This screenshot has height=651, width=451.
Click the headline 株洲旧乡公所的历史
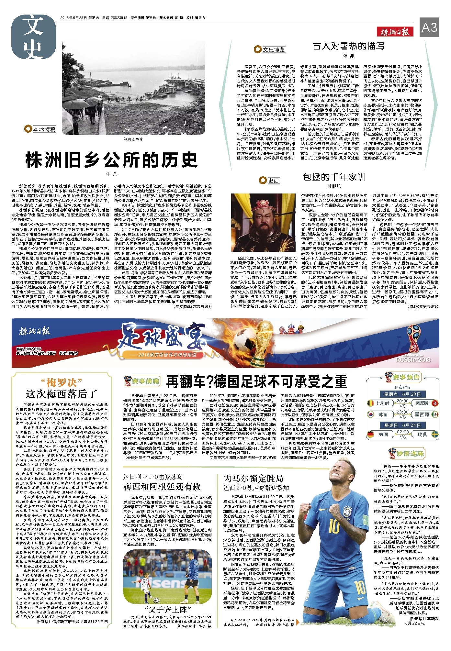(x=111, y=160)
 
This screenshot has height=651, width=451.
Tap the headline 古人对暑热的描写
(x=348, y=46)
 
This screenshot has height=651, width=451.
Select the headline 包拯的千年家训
(x=334, y=177)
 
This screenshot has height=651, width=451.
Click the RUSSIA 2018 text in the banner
(x=413, y=359)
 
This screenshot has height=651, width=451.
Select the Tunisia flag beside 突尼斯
(x=434, y=403)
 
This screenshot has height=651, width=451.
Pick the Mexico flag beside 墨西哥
(x=434, y=414)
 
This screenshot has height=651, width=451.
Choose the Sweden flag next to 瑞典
(x=434, y=434)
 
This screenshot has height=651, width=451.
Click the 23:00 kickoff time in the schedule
(x=402, y=412)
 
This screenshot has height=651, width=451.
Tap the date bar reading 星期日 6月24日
(x=402, y=425)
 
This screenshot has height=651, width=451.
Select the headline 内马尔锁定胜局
(x=254, y=478)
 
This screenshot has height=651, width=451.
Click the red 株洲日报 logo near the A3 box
(x=395, y=31)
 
